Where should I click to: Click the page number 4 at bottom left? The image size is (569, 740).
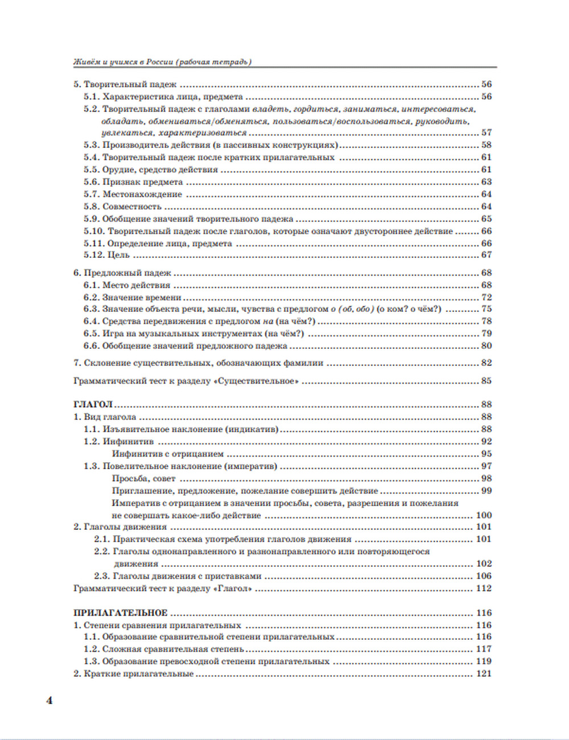[x=49, y=701]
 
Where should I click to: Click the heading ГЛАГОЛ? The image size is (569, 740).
[x=93, y=405]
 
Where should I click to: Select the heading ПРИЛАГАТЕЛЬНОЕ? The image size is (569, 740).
[x=121, y=613]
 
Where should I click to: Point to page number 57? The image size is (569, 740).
[x=486, y=133]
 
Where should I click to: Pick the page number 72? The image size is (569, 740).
[x=486, y=297]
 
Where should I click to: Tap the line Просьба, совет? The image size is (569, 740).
[x=144, y=479]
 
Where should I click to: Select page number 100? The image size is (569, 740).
[x=483, y=516]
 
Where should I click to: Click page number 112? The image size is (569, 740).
[x=483, y=589]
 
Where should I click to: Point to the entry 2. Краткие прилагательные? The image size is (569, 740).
[x=134, y=674]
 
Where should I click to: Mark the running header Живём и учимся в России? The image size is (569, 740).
[x=163, y=62]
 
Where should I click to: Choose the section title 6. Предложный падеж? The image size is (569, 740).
[x=122, y=273]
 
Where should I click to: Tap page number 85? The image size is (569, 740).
[x=486, y=381]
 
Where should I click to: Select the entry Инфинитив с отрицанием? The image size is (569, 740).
[x=168, y=454]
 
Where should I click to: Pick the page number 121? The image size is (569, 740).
[x=483, y=674]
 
